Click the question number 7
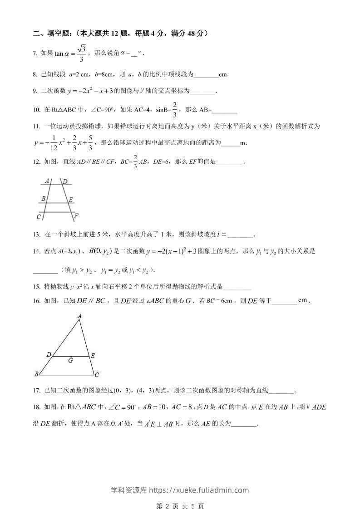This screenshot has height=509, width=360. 35,54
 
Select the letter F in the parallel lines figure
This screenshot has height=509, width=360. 76,215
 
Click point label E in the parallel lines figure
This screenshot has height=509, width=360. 71,199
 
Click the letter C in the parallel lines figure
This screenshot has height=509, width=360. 39,217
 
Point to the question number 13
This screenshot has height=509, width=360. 36,235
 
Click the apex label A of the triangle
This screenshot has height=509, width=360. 79,316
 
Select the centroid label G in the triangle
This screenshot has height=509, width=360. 70,361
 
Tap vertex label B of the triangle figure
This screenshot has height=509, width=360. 36,374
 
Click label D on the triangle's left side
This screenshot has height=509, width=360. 48,354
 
